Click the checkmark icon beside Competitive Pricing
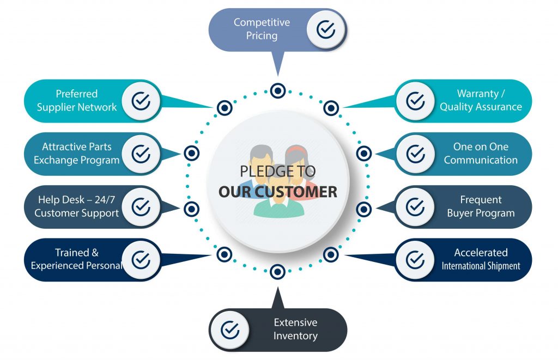click(326, 29)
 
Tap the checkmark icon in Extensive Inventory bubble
click(230, 330)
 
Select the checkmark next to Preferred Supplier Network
click(141, 101)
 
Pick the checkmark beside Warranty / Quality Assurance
click(415, 101)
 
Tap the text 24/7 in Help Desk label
click(105, 199)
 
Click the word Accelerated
click(481, 253)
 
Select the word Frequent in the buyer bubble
click(481, 199)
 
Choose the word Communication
click(481, 160)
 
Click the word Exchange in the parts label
click(54, 160)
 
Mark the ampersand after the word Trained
click(95, 253)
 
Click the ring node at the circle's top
click(278, 91)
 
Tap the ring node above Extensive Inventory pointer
click(277, 272)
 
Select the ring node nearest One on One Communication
click(363, 154)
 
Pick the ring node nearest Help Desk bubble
click(191, 209)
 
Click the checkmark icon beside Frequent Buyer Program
click(415, 206)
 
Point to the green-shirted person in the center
click(279, 199)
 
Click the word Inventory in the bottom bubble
click(295, 335)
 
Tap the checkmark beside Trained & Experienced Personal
click(141, 260)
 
